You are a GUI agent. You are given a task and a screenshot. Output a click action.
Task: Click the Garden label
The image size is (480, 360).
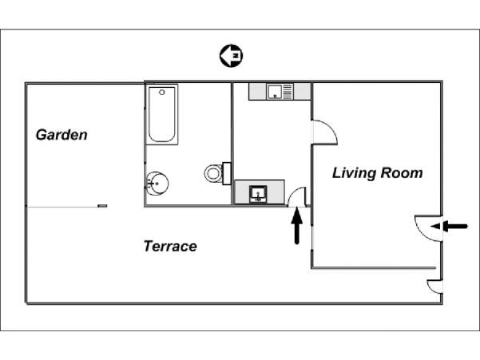(61, 135)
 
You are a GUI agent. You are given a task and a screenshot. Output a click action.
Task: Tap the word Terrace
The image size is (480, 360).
(170, 246)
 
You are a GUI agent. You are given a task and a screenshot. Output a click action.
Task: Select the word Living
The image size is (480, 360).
(354, 173)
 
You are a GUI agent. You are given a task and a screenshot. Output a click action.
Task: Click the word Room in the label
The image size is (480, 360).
(402, 172)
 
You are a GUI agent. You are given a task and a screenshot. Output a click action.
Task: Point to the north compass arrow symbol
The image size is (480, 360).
(231, 56)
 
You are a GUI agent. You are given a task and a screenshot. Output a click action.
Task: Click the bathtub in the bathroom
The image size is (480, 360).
(162, 114)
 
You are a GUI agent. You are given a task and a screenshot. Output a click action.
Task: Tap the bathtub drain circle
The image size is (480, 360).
(162, 92)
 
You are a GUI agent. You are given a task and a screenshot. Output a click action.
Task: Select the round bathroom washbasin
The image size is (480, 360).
(157, 184)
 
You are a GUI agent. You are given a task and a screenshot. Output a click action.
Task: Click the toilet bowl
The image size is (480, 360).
(213, 173)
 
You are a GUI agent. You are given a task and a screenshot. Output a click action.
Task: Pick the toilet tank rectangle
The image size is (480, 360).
(227, 173)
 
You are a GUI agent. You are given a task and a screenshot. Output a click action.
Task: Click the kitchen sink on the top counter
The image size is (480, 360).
(275, 92)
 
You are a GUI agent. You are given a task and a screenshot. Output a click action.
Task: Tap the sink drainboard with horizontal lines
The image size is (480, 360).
(288, 92)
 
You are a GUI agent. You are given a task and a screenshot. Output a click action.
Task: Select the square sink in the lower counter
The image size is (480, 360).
(258, 194)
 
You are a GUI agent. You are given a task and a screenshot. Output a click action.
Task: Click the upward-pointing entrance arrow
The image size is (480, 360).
(296, 225)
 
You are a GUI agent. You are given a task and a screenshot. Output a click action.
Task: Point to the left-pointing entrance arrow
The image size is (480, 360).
(449, 227)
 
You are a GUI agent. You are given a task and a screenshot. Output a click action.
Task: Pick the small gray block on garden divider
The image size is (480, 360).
(102, 206)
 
